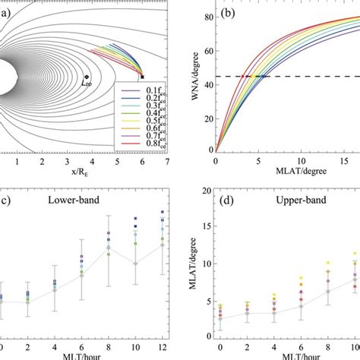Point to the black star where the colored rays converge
(142, 77)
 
